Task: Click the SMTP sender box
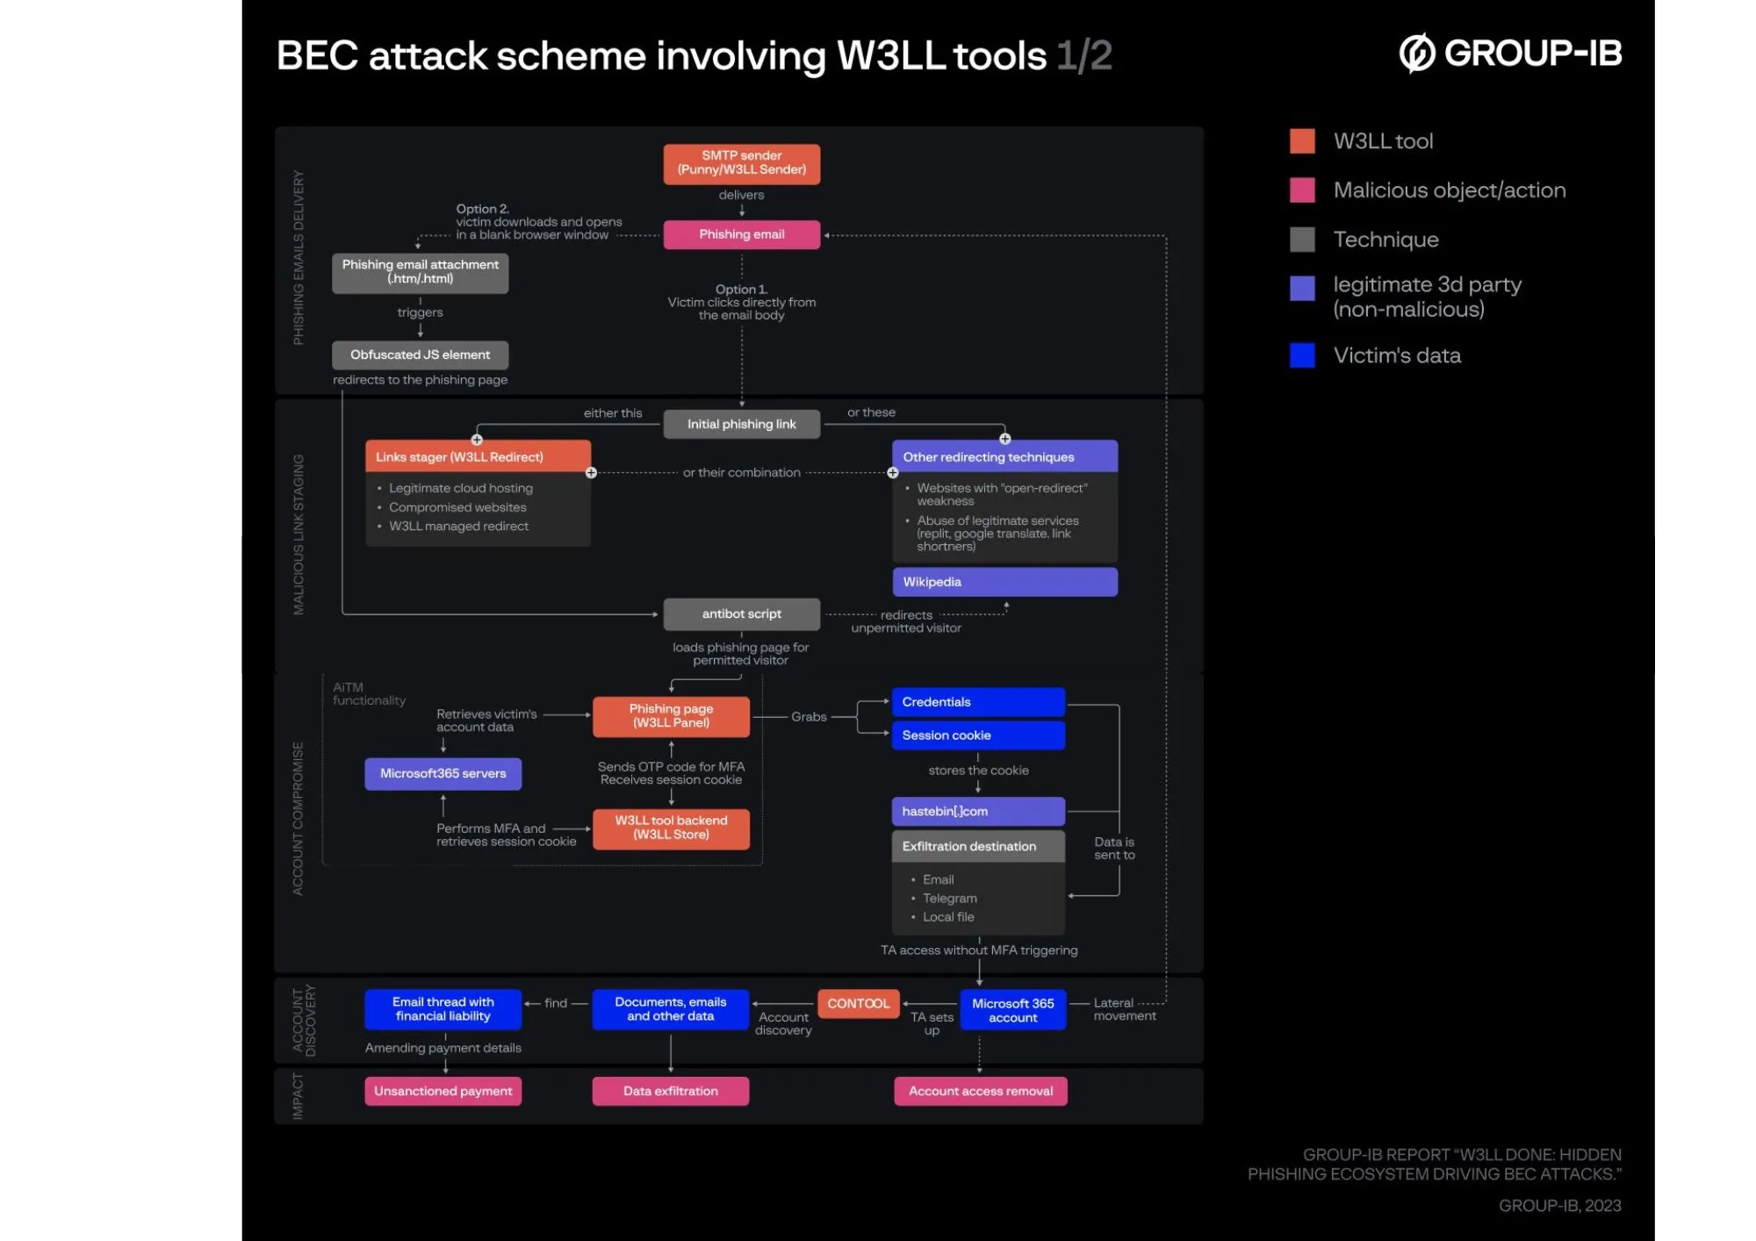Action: click(x=741, y=163)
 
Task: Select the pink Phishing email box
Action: click(x=741, y=234)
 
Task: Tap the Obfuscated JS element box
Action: click(x=420, y=355)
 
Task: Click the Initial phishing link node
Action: click(x=741, y=424)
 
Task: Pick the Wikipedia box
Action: click(x=1004, y=582)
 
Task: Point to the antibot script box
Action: click(x=741, y=614)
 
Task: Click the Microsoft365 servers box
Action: click(x=443, y=773)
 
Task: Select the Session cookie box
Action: click(x=978, y=735)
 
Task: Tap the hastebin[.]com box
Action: click(x=978, y=811)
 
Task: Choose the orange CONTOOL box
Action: click(x=858, y=1003)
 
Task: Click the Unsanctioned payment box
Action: click(x=443, y=1091)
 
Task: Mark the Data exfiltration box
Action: click(x=670, y=1091)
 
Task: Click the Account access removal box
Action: click(x=980, y=1091)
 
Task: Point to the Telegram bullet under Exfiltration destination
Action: click(x=949, y=898)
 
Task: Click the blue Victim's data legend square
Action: click(x=1302, y=355)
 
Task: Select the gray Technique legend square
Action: click(x=1302, y=240)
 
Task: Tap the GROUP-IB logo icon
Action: click(x=1416, y=54)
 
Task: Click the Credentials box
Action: click(x=978, y=702)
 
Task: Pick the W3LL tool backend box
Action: click(x=671, y=828)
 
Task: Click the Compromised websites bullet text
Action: click(x=457, y=507)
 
